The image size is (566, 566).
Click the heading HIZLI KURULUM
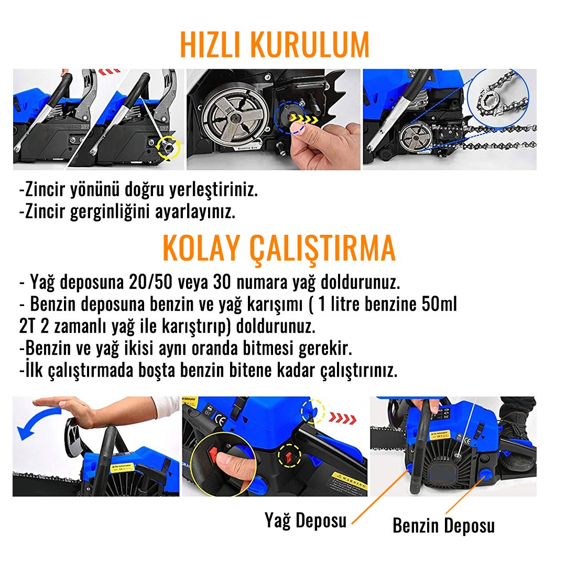(x=275, y=45)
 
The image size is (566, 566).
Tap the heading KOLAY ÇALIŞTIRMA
(x=279, y=248)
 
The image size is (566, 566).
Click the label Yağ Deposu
(x=306, y=520)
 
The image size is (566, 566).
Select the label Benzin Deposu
(x=443, y=525)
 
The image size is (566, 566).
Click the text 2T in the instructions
(x=29, y=326)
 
